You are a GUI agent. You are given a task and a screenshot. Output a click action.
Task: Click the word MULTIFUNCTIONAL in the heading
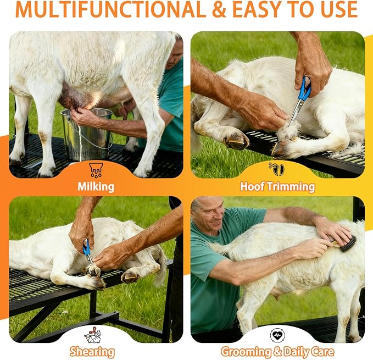pos(110,10)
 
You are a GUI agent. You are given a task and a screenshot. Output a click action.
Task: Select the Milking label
pos(96,187)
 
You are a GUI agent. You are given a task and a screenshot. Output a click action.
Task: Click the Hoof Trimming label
pos(277,186)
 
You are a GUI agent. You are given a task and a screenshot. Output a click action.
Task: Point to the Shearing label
pos(92,352)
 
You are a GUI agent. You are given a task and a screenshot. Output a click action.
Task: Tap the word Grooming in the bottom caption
pos(246,352)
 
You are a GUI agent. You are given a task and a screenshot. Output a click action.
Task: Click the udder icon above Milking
pos(96,170)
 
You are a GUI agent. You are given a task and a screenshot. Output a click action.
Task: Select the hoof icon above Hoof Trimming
pos(277,169)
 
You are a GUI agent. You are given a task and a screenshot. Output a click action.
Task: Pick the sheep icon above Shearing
pos(92,335)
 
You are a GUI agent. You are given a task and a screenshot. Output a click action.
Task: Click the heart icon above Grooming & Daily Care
pos(277,335)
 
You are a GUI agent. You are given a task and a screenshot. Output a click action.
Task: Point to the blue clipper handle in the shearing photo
pos(86,247)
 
